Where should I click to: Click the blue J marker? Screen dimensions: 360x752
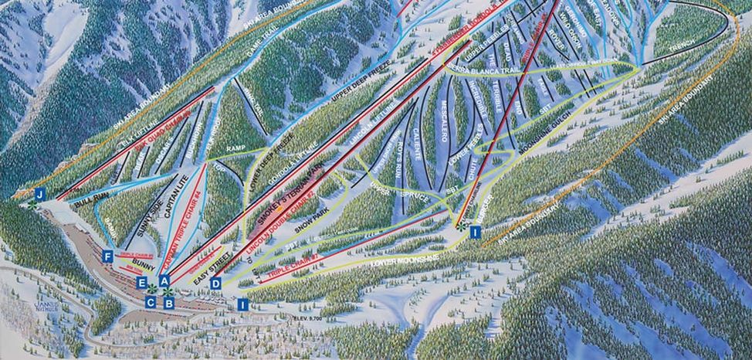point(40,194)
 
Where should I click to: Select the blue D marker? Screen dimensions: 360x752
point(216,283)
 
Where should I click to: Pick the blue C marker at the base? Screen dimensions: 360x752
point(150,302)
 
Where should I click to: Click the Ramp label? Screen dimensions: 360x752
point(235,148)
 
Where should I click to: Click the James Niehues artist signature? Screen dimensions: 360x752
point(47,307)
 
